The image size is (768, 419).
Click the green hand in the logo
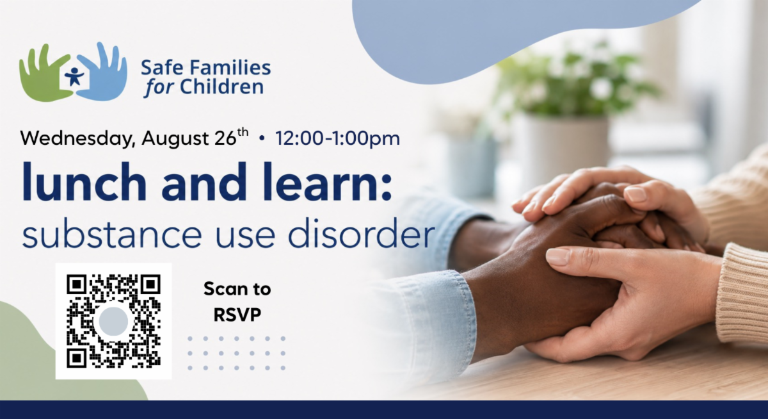pos(41,79)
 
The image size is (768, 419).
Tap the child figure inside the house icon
pos(74,76)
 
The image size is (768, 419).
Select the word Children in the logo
pos(222,86)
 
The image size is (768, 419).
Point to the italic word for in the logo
pos(159,88)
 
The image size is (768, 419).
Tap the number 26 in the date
pos(225,138)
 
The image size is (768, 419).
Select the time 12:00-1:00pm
pos(337,138)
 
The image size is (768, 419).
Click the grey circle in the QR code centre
pos(113,321)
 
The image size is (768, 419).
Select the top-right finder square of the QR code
pos(150,284)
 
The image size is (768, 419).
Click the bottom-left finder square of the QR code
pos(76,359)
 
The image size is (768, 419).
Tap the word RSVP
pos(237,315)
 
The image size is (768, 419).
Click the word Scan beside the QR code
pos(223,289)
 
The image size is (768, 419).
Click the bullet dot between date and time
pos(262,138)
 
